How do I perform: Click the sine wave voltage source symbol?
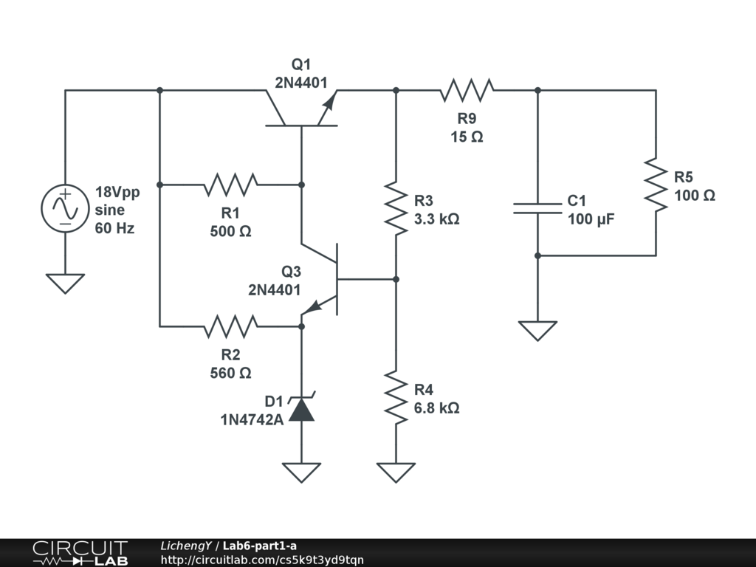coord(65,208)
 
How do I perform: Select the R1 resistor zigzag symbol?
coord(231,185)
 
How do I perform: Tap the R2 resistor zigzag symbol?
coord(231,326)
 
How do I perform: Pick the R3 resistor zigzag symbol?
coord(396,208)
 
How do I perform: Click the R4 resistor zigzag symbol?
coord(396,397)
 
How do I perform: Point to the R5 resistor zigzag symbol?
coord(656,185)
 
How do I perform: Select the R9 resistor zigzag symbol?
coord(467,90)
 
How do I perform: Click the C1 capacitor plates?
coord(537,208)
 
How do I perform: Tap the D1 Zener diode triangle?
coord(302,409)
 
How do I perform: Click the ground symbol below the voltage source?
coord(65,283)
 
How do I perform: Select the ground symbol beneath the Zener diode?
coord(302,472)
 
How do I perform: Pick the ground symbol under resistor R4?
coord(396,472)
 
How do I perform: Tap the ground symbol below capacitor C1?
coord(537,331)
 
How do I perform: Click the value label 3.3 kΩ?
coord(437,219)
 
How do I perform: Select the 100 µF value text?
coord(591,219)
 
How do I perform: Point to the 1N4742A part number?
coord(252,420)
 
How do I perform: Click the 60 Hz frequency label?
coord(114,228)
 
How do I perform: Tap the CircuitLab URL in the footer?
coord(262,560)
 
